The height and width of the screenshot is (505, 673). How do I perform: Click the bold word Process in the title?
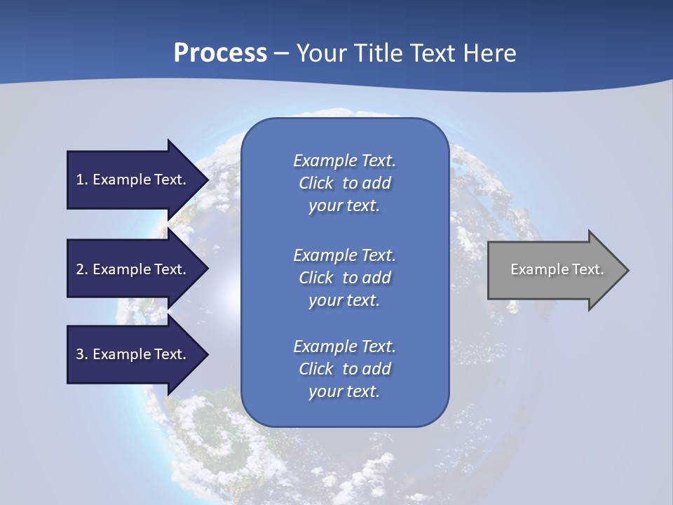pos(220,53)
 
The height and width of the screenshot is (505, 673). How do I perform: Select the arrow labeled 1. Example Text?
pos(133,180)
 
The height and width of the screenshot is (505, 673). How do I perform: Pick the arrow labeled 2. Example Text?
pos(133,269)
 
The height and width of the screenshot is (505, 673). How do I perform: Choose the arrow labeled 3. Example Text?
pos(133,354)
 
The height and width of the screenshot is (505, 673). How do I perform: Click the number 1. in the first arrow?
pos(81,180)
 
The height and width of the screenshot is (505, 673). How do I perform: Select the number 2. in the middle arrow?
pos(81,269)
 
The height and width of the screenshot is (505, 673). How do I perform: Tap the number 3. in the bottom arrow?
pos(81,354)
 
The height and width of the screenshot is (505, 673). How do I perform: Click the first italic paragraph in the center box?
pos(344,183)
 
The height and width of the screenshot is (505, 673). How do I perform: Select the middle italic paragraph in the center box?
pos(344,278)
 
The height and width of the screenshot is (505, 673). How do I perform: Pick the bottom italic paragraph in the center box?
pos(344,369)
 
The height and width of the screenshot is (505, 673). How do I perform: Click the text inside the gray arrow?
pos(557,269)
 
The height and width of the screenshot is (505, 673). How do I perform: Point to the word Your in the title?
pos(321,53)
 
